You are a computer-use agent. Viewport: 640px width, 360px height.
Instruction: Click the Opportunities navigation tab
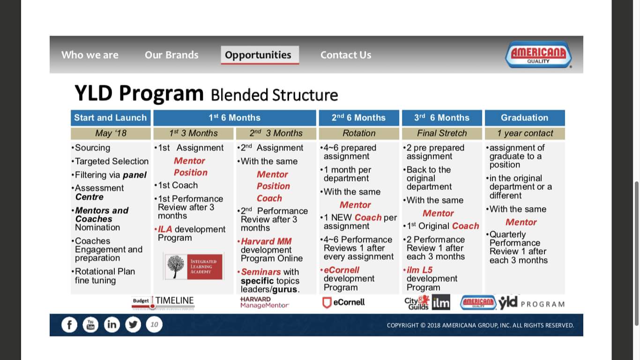coord(258,55)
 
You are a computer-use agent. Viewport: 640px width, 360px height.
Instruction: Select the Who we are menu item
coord(90,55)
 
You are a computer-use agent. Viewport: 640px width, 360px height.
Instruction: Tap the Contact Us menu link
coord(346,55)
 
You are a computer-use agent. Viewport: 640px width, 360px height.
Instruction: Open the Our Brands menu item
coord(171,55)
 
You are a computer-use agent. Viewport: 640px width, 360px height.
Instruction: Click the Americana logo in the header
coord(538,54)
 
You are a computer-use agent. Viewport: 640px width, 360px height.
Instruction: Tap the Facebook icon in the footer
coord(69,324)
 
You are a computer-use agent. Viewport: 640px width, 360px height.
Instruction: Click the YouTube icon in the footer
coord(90,324)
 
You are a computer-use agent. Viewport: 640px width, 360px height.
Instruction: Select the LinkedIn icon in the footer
coord(112,324)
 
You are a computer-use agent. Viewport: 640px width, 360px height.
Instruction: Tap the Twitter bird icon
coord(133,324)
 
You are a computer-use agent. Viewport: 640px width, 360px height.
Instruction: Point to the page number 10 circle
coord(154,324)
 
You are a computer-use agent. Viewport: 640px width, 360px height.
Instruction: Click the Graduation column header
coord(524,118)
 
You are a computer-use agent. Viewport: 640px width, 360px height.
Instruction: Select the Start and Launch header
coord(111,118)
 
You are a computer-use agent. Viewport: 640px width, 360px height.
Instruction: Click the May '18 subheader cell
coord(111,133)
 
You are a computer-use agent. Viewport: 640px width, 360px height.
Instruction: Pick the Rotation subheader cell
coord(359,133)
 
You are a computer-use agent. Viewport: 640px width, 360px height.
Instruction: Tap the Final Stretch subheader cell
coord(442,133)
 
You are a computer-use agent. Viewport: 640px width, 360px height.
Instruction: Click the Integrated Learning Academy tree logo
coord(193,266)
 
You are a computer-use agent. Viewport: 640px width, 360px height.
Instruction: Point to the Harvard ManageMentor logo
coord(264,302)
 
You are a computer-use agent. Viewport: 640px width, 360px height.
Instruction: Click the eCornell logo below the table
coord(343,302)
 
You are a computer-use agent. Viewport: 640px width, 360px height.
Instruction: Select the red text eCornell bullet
coord(342,270)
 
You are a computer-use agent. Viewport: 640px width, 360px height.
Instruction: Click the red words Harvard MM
coord(266,241)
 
